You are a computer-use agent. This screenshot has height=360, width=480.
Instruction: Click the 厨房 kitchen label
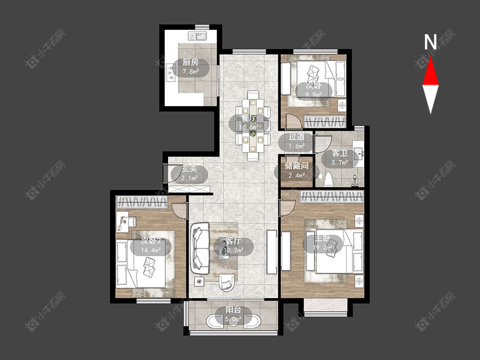pyautogui.click(x=191, y=62)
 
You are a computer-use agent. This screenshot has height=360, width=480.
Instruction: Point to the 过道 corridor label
pyautogui.click(x=297, y=136)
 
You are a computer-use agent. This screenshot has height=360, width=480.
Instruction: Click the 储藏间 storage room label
pyautogui.click(x=296, y=166)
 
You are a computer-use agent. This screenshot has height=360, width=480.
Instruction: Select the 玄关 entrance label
pyautogui.click(x=189, y=168)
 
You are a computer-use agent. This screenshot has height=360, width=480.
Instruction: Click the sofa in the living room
pyautogui.click(x=200, y=248)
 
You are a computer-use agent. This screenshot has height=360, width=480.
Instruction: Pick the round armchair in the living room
pyautogui.click(x=227, y=282)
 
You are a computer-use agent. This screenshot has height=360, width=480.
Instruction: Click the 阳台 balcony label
pyautogui.click(x=233, y=310)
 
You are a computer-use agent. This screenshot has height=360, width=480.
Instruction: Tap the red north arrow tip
pyautogui.click(x=431, y=57)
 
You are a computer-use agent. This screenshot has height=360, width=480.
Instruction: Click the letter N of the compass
pyautogui.click(x=430, y=42)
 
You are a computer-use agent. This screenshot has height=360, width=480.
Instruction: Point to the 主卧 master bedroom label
pyautogui.click(x=322, y=238)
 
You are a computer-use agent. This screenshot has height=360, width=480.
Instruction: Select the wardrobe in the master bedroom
pyautogui.click(x=332, y=196)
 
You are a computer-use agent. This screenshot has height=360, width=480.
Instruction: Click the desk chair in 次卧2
pyautogui.click(x=132, y=222)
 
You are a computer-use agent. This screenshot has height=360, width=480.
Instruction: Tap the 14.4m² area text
pyautogui.click(x=151, y=250)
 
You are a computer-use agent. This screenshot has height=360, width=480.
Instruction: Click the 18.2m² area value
pyautogui.click(x=233, y=250)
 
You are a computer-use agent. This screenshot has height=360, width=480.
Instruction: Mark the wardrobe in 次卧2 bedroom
pyautogui.click(x=142, y=202)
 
